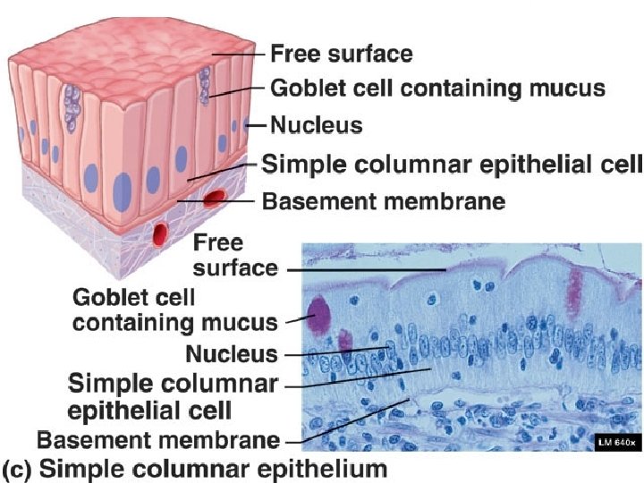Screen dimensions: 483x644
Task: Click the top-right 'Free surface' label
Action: click(x=341, y=54)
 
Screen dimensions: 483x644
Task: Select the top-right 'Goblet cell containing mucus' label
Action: click(x=437, y=89)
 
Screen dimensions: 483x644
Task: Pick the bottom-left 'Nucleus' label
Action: click(x=232, y=353)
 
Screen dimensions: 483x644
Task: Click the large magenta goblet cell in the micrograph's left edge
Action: click(x=318, y=316)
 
